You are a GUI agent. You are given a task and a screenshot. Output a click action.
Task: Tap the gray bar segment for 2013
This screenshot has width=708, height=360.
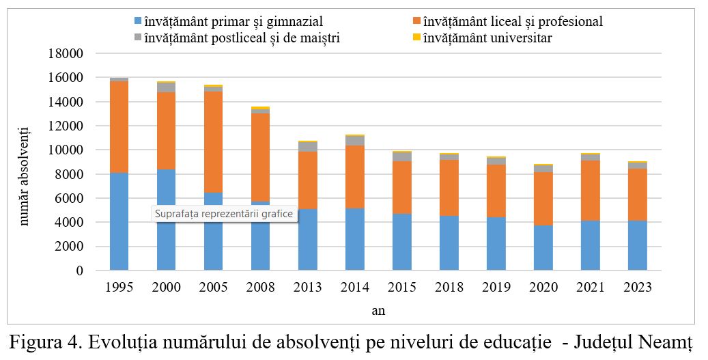tap(307, 147)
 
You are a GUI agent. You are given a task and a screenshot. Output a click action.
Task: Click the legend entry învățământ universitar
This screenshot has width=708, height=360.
tap(487, 38)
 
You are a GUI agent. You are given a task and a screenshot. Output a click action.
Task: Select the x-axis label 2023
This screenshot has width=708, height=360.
tap(637, 288)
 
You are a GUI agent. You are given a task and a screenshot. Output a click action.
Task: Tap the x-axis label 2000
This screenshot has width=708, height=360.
tap(166, 288)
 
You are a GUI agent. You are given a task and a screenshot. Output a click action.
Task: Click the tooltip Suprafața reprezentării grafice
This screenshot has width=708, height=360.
tap(224, 214)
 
